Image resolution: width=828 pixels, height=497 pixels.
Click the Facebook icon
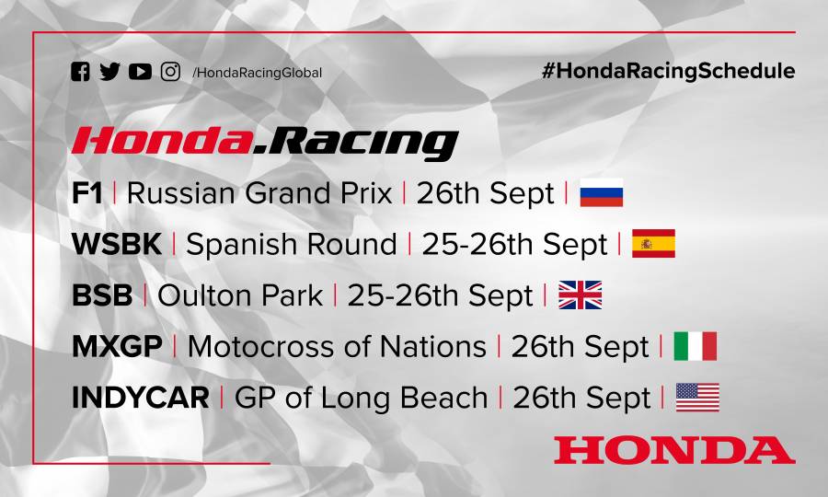[x=81, y=72]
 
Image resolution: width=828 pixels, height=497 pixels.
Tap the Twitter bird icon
[x=109, y=72]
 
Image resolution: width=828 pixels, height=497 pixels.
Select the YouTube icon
[x=140, y=72]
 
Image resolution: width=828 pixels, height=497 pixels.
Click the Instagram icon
[x=170, y=72]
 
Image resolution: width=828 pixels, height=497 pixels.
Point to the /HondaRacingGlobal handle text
[x=258, y=73]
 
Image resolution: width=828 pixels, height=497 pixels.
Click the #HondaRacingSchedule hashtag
[x=669, y=71]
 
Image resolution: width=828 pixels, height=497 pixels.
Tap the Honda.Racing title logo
[x=265, y=142]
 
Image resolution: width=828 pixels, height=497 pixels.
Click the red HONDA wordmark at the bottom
[x=674, y=450]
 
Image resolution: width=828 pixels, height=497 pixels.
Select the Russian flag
[x=602, y=193]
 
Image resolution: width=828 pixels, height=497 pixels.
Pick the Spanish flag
[x=653, y=244]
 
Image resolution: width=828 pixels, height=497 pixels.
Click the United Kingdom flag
[x=580, y=295]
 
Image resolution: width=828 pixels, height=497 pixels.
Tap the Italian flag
[x=695, y=346]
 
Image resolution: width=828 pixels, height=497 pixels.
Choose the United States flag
[x=697, y=398]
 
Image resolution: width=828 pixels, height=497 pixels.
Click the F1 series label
[x=87, y=193]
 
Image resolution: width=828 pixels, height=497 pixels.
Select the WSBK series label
[x=117, y=245]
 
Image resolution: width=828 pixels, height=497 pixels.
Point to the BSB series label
[x=101, y=295]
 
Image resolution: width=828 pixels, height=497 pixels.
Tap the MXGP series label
[x=117, y=347]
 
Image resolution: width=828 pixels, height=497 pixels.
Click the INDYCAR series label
[x=140, y=398]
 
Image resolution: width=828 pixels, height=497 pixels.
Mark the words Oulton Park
[x=240, y=295]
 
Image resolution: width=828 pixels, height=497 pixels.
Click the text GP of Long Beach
[x=361, y=398]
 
